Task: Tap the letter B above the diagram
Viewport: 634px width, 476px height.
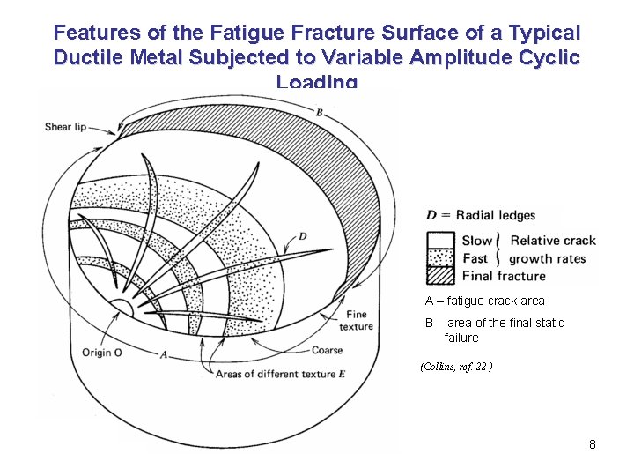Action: [319, 112]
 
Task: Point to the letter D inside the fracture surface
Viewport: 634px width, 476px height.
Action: [302, 236]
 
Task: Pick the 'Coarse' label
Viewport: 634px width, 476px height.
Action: [327, 351]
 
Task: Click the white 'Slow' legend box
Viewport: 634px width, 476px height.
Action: [440, 241]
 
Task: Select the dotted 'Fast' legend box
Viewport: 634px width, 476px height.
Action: [440, 258]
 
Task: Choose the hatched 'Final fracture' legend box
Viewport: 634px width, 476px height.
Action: [440, 276]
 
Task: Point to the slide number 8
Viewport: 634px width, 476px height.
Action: [593, 444]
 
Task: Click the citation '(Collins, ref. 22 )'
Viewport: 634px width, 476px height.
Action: [456, 366]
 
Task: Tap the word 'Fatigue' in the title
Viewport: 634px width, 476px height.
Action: [246, 33]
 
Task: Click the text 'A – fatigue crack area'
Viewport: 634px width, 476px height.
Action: [485, 301]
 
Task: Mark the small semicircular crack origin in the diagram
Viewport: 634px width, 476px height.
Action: [119, 308]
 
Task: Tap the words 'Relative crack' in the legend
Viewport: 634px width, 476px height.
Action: [553, 241]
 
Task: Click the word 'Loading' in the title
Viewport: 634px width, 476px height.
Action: [317, 82]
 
